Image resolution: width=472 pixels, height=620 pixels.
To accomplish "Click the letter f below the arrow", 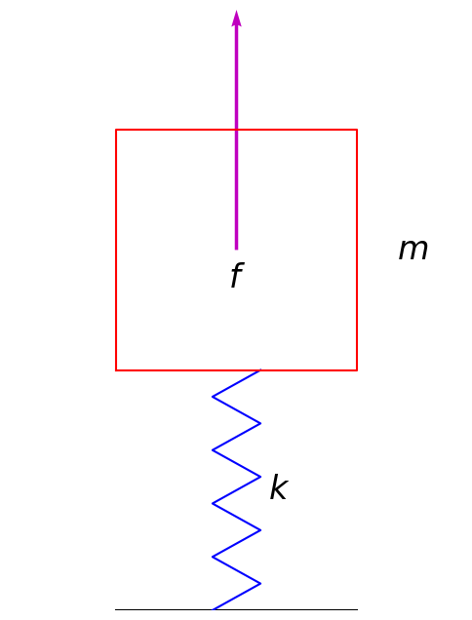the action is [x=235, y=277].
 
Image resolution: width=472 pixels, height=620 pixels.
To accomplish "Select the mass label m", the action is [x=413, y=250].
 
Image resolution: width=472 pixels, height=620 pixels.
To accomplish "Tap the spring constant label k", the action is [x=278, y=487].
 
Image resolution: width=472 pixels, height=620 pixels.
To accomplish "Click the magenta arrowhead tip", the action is [x=236, y=12].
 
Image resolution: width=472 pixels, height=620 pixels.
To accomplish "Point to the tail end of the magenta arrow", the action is [x=236, y=249].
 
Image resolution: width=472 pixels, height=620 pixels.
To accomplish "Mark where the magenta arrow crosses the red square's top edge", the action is [x=236, y=130].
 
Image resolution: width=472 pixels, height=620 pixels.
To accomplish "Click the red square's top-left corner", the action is [x=116, y=130].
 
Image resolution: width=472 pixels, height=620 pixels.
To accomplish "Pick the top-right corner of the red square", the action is [x=357, y=130].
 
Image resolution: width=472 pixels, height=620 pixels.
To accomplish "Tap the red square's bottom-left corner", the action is [x=116, y=370].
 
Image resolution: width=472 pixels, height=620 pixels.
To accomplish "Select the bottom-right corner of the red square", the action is [x=357, y=370].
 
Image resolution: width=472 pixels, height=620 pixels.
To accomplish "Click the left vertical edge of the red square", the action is [x=116, y=250].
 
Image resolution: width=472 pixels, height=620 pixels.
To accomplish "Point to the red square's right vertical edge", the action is [x=357, y=250].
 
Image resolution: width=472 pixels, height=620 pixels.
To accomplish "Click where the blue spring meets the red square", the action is [x=259, y=370].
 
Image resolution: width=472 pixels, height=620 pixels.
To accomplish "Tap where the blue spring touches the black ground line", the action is [x=214, y=609].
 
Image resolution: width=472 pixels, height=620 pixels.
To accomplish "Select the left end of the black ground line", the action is [x=116, y=609].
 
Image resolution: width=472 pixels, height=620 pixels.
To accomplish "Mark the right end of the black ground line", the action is [x=357, y=609].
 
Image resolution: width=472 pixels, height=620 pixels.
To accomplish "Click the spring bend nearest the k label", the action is [x=260, y=477].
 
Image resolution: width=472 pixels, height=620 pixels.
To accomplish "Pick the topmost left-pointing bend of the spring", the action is [x=213, y=397].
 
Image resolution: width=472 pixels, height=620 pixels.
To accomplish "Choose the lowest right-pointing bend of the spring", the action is [x=260, y=583].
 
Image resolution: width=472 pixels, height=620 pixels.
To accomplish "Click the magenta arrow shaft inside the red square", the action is [x=236, y=190].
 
